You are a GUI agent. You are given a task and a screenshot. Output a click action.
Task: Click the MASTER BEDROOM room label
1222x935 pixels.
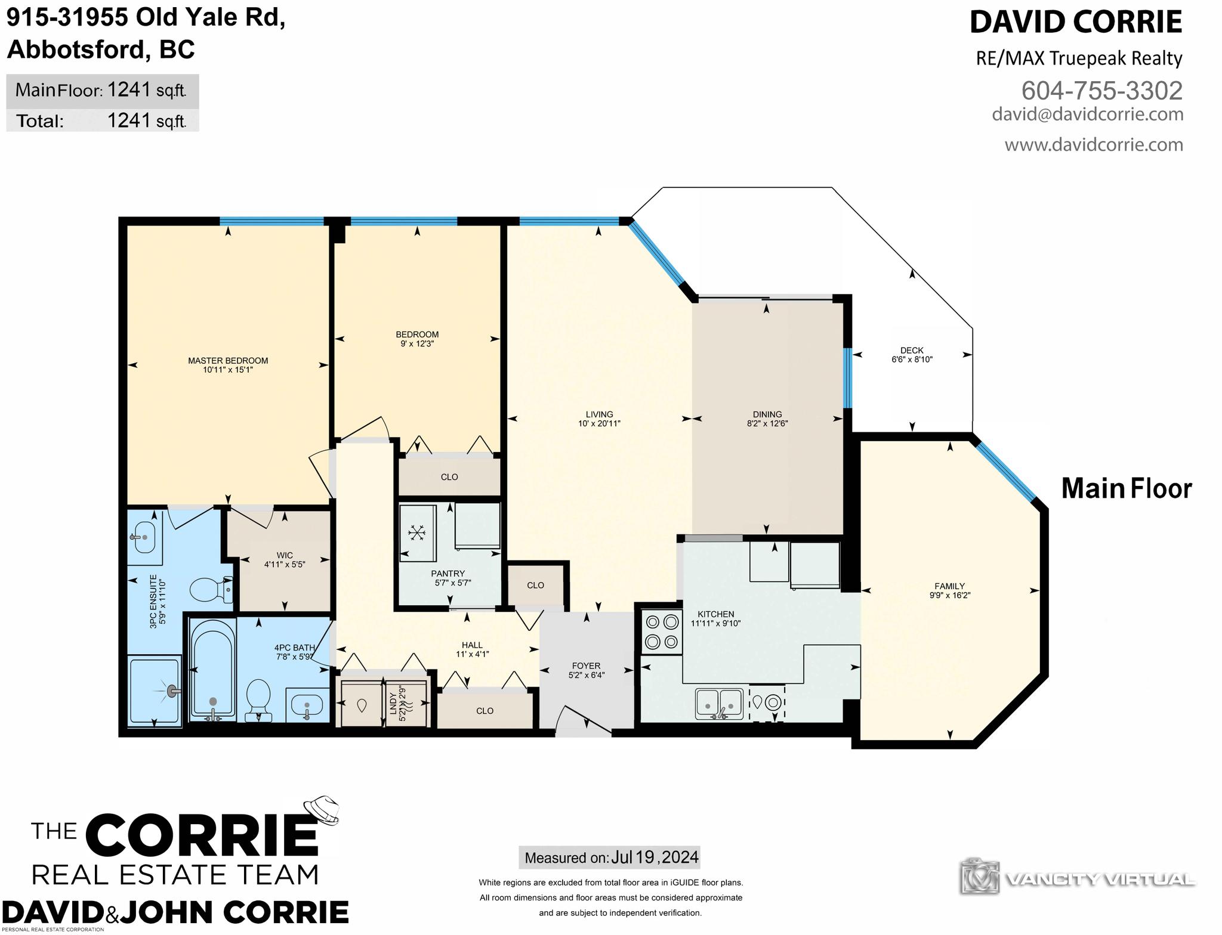228,361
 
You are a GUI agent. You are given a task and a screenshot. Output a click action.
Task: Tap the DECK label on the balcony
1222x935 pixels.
912,351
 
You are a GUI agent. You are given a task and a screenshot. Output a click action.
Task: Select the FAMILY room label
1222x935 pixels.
950,586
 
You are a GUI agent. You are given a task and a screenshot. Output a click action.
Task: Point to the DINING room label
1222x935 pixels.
767,414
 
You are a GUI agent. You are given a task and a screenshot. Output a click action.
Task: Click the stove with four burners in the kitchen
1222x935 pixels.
662,631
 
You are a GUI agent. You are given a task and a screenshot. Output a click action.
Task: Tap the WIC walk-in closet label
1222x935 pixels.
285,556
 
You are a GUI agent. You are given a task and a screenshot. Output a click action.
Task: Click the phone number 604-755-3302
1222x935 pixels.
1102,91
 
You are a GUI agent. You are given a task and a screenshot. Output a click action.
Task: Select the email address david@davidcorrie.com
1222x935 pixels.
1088,114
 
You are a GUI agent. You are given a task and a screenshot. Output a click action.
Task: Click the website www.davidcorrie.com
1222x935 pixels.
1094,144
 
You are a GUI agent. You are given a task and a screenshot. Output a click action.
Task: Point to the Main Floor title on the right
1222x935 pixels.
1127,488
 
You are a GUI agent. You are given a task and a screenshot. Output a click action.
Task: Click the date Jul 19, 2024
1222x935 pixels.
655,857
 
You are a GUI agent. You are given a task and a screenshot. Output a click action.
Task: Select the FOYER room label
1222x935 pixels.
586,666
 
